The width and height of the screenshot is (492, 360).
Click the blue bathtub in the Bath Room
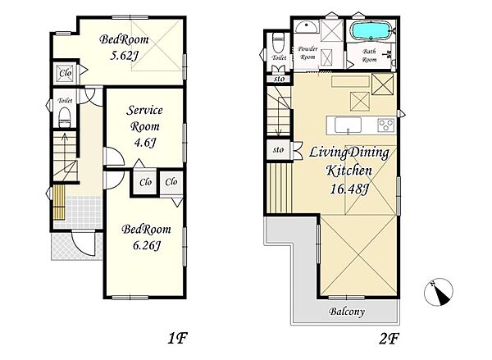click(x=371, y=31)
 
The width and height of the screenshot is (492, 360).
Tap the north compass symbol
click(x=439, y=292)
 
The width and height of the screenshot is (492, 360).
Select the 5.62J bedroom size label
click(x=125, y=56)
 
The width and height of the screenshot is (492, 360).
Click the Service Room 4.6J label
click(x=144, y=126)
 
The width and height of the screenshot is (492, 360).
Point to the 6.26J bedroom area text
click(x=147, y=245)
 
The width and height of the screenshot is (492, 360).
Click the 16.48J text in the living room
click(x=349, y=189)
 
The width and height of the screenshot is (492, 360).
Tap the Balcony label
click(x=347, y=312)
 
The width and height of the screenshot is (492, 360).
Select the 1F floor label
click(x=178, y=339)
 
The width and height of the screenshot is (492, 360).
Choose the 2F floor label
click(x=389, y=339)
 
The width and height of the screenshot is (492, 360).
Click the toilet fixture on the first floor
click(x=65, y=117)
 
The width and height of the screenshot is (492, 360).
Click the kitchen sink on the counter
click(x=348, y=125)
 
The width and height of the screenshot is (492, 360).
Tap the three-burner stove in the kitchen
click(x=386, y=125)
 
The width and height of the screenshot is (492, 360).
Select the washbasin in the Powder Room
click(x=307, y=27)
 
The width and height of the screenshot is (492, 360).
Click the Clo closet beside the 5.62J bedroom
click(x=66, y=73)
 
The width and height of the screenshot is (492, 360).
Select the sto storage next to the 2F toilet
click(x=279, y=79)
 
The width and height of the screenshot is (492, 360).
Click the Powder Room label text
click(x=307, y=52)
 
